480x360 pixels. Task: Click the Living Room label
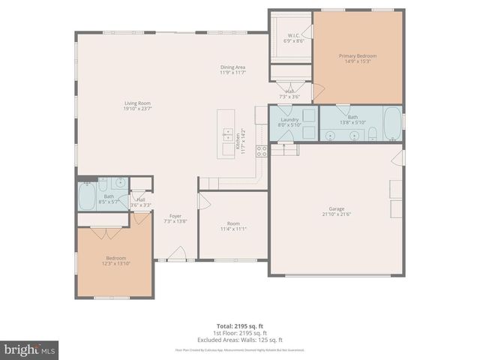pyautogui.click(x=137, y=103)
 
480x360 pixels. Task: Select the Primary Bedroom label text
pyautogui.click(x=357, y=55)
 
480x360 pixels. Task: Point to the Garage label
pyautogui.click(x=336, y=209)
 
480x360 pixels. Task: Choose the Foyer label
pyautogui.click(x=175, y=216)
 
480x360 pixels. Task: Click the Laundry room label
pyautogui.click(x=289, y=120)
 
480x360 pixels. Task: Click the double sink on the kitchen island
pyautogui.click(x=227, y=135)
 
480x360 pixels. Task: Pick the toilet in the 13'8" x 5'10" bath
pyautogui.click(x=372, y=133)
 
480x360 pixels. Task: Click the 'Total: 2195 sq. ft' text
pyautogui.click(x=239, y=326)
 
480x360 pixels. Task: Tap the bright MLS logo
pyautogui.click(x=29, y=349)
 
